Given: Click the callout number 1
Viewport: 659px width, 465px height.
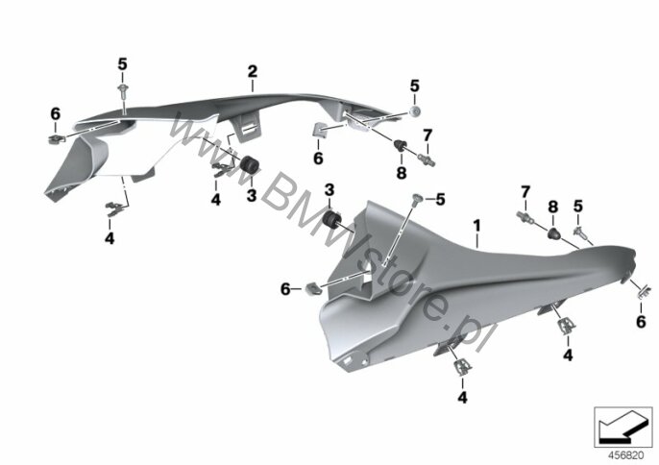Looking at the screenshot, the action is (x=476, y=226).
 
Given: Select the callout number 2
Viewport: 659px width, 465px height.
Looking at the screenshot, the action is (x=252, y=71).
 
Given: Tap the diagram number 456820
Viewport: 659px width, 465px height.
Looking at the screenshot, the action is (x=626, y=455).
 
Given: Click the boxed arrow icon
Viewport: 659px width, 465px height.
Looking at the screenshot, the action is (x=623, y=428).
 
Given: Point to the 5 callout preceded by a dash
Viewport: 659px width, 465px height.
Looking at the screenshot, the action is (x=440, y=200).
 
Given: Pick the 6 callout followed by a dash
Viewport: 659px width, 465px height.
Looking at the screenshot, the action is (x=285, y=289).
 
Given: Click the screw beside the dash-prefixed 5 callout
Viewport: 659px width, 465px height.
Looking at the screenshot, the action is (x=417, y=199).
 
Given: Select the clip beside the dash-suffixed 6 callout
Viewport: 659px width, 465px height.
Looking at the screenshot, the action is (x=312, y=289).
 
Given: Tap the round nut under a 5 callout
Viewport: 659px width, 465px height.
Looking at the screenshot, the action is (x=416, y=111).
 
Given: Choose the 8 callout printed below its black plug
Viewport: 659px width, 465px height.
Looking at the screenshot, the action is (x=402, y=172).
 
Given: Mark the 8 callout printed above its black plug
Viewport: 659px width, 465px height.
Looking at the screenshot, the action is (x=553, y=207).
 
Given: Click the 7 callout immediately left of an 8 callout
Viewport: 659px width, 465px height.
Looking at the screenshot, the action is (x=525, y=192).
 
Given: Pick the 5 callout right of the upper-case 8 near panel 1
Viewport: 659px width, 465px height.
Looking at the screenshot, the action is (x=578, y=207).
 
